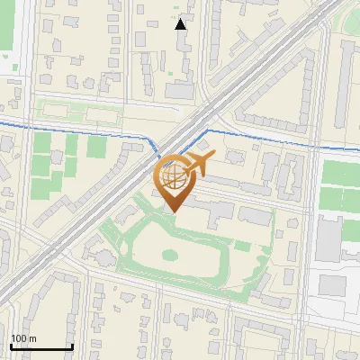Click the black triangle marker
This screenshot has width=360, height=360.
pyautogui.click(x=181, y=24)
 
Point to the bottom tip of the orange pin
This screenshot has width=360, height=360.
pyautogui.click(x=173, y=211)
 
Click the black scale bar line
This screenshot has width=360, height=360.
pyautogui.click(x=41, y=347)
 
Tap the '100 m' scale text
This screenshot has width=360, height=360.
pyautogui.click(x=23, y=338)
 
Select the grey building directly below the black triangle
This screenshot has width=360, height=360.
pyautogui.click(x=180, y=90)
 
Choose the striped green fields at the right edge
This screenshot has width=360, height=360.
pyautogui.click(x=340, y=184)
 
